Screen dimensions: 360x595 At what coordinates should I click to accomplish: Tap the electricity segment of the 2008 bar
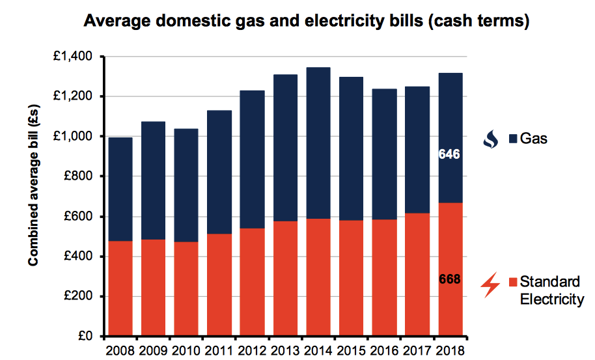[120, 289]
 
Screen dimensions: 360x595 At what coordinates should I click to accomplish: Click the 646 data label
[449, 155]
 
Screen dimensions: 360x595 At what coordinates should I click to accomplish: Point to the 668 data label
[449, 280]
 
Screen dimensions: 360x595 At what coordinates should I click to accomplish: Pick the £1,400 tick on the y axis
[74, 57]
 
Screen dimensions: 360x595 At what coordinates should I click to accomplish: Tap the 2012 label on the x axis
[252, 351]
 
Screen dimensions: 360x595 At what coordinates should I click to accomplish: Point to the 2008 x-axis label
[120, 351]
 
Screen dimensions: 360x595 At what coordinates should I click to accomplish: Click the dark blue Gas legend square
[513, 139]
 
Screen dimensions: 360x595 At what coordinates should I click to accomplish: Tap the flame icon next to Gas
[491, 139]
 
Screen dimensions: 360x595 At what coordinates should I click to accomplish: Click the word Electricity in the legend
[551, 300]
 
